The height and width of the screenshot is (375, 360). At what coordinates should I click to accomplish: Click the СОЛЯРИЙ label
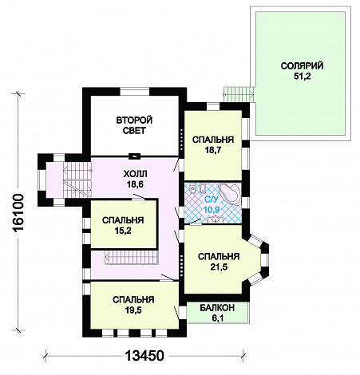point(302,65)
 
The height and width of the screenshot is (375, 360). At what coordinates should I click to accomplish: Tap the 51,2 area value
point(302,77)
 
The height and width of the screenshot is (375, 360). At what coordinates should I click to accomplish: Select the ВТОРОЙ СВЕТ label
point(134,125)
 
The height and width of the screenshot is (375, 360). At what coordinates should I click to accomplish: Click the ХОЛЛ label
point(135,174)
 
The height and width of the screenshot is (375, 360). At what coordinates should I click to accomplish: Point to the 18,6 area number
point(135,184)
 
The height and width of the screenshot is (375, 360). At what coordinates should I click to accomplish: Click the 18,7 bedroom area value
point(213,150)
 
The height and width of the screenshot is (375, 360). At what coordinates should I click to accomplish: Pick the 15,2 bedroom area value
point(123,231)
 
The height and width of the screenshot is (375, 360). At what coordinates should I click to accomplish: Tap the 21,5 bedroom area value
point(219,266)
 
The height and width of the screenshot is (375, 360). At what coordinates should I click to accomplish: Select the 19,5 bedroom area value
point(133,310)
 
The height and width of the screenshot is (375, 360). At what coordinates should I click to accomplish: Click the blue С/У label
point(212,199)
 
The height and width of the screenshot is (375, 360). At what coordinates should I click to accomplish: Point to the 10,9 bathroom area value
point(212,210)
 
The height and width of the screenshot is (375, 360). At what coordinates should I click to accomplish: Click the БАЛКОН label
point(217,308)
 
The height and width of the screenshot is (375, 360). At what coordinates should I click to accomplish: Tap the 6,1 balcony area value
point(218,318)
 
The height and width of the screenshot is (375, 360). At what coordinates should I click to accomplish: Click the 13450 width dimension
point(144,356)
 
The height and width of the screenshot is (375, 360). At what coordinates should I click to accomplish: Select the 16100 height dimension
point(18,213)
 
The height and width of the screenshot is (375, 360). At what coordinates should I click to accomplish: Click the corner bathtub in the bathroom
point(230,193)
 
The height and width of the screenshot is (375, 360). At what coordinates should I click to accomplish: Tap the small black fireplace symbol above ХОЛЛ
point(135,156)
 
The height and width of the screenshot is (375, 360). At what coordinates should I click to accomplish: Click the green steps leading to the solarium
point(239,94)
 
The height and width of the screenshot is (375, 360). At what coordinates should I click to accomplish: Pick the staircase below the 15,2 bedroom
point(132,257)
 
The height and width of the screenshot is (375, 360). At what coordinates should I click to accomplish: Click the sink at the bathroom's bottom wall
point(214,219)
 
